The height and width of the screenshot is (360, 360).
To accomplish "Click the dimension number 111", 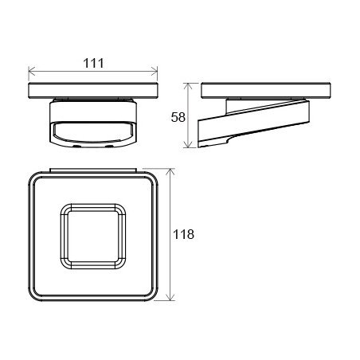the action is [93, 63].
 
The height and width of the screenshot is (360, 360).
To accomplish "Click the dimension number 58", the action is [178, 117].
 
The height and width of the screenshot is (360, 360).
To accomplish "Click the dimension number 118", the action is [183, 234].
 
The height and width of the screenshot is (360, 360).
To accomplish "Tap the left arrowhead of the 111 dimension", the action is [32, 71].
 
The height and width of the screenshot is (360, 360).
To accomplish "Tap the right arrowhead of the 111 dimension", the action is [155, 71].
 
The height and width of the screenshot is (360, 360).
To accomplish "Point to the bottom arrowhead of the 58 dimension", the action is [188, 144].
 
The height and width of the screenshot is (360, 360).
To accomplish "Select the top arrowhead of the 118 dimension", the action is [170, 172].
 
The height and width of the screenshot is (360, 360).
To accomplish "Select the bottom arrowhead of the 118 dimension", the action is [170, 297].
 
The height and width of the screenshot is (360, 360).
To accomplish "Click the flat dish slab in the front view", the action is [93, 91].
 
